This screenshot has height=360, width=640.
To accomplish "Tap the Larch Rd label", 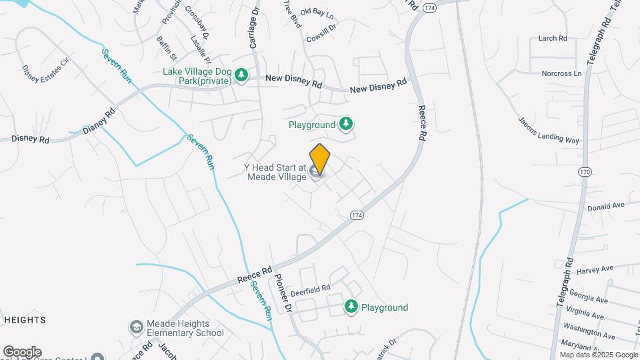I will click(552, 39).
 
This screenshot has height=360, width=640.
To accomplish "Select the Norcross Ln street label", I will click(561, 73).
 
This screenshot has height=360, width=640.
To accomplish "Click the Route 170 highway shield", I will click(585, 172).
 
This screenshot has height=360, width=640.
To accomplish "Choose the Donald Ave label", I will click(605, 207).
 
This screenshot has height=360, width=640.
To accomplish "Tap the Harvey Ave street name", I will click(595, 269).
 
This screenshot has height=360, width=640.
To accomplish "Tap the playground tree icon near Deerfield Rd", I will click(351, 306).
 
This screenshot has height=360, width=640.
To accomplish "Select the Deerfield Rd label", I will click(309, 290).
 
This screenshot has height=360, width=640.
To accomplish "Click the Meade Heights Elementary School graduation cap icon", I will click(137, 327).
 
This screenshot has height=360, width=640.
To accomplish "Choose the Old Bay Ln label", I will click(317, 12).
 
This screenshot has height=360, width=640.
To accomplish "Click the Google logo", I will click(22, 352).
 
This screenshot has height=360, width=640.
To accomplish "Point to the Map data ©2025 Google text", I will click(597, 355).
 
